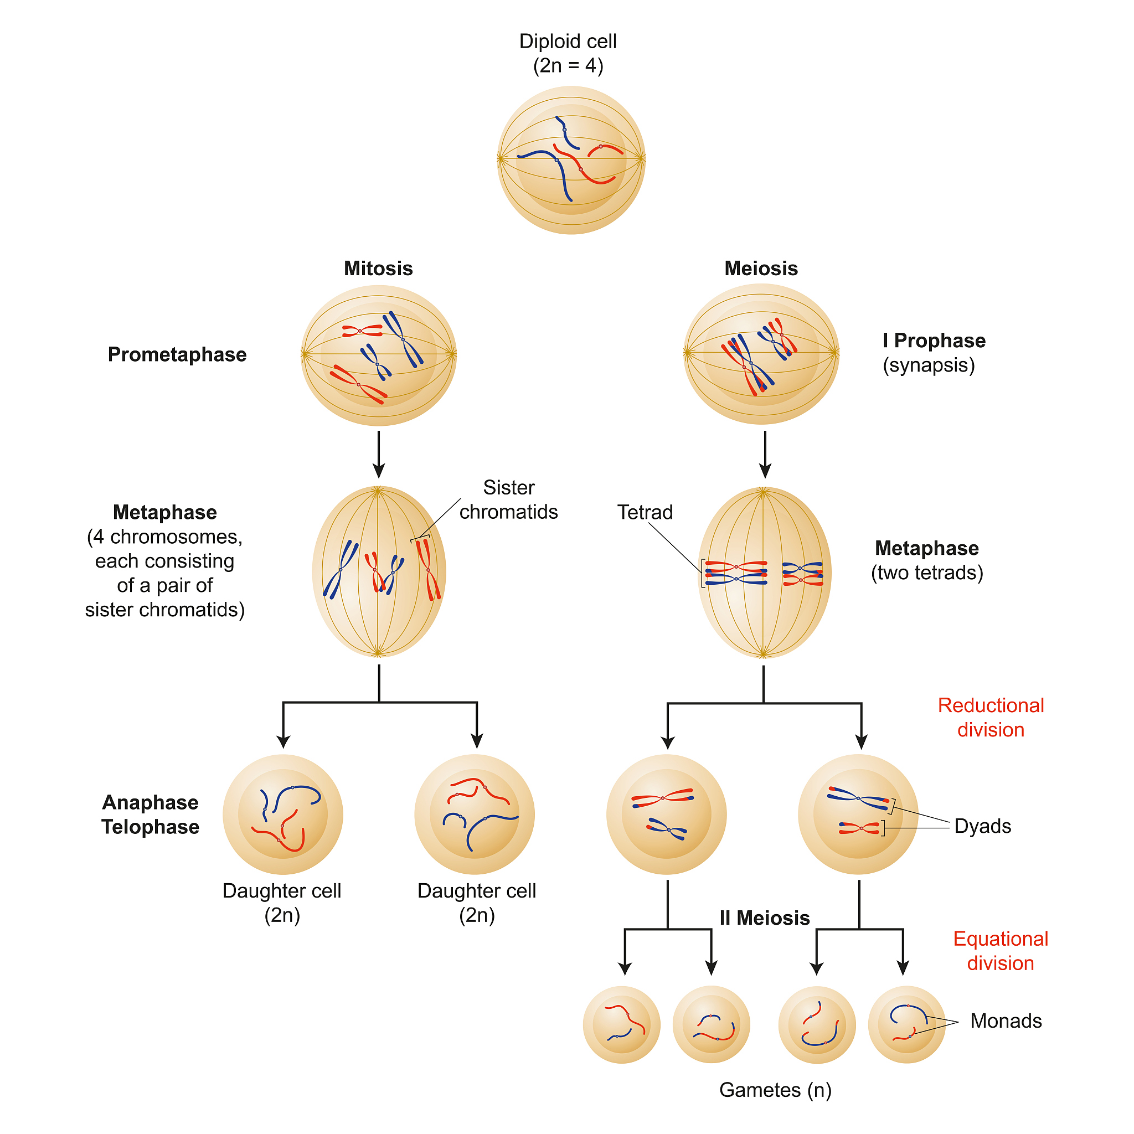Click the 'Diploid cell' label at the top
568,42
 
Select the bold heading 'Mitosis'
378,268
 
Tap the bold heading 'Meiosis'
761,268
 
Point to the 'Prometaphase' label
177,354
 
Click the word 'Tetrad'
645,512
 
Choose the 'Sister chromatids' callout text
508,499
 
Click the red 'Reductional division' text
990,717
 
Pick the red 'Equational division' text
1000,951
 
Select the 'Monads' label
1006,1020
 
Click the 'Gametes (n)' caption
775,1090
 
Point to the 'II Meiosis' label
764,918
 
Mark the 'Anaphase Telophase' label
150,815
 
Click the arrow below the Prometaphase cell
379,455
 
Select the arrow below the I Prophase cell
764,455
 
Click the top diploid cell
571,160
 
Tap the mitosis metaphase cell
379,571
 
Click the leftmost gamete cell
621,1025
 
